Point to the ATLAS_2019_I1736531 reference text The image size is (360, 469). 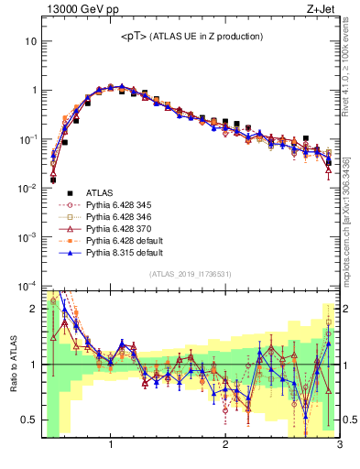(x=191, y=274)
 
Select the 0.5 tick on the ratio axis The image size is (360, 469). (x=27, y=420)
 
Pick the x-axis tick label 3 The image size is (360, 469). (x=339, y=446)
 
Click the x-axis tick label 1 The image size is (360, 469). (x=111, y=446)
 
